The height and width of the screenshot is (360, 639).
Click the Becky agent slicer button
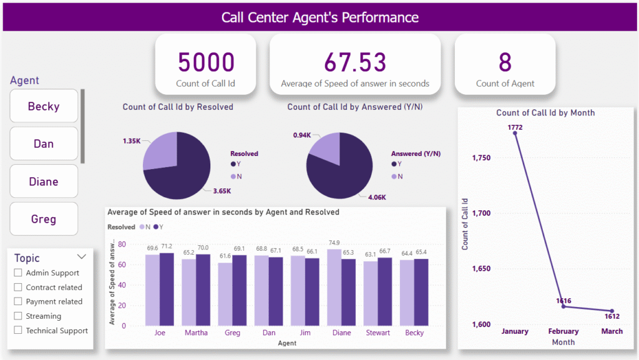[x=44, y=106]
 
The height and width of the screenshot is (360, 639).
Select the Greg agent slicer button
[x=44, y=219]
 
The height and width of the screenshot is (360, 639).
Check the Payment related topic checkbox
[x=18, y=302]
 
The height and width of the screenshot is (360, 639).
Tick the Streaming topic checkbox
[x=18, y=316]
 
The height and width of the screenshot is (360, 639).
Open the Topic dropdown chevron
[x=81, y=256]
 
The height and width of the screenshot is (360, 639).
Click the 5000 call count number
[x=206, y=62]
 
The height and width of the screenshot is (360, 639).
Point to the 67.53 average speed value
[x=355, y=62]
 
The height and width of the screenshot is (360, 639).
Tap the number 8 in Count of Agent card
[x=505, y=62]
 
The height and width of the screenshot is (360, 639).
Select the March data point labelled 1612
[x=612, y=311]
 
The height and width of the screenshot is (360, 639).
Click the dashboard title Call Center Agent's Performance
[x=319, y=17]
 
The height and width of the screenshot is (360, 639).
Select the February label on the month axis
[x=563, y=331]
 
